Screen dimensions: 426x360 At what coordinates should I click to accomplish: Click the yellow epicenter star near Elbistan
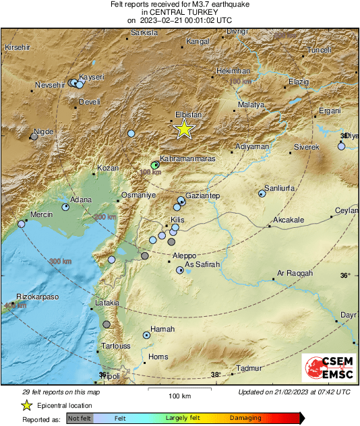coord(183,129)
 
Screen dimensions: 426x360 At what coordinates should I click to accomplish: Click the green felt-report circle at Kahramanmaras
coord(155,164)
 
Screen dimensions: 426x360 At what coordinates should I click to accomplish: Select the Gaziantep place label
coord(203,195)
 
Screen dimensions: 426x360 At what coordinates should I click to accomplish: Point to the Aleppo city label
coord(184,256)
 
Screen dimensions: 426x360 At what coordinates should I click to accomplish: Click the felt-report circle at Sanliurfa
coord(262,194)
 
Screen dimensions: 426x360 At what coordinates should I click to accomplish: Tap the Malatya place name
coord(251,105)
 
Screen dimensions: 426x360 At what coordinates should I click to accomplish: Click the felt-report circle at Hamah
coord(146,335)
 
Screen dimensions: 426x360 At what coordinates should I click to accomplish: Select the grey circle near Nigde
coord(34,136)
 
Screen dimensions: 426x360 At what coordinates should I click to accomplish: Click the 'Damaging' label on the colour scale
coord(245,418)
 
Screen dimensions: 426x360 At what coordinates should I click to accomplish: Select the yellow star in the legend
coord(26,405)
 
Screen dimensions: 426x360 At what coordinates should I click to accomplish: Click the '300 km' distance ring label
coord(59,262)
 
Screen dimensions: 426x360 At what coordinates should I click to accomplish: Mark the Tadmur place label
coord(249,368)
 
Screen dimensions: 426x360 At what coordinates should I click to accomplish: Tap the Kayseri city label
coord(92,78)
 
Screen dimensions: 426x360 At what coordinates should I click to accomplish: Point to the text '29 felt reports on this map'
coord(61,392)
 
